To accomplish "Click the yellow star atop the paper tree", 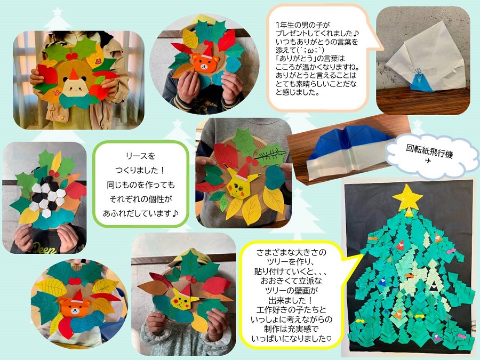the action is (407, 197).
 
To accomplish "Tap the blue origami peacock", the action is (421, 81).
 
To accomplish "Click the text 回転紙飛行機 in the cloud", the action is (429, 151).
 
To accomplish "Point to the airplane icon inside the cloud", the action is (428, 161).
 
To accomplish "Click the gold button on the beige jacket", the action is (62, 118).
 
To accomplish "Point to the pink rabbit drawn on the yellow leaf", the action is (98, 61).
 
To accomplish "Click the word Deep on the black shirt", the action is (45, 248).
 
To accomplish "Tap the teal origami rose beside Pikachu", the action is (275, 178).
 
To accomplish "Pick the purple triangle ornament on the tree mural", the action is (436, 338).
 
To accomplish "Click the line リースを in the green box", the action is (140, 156).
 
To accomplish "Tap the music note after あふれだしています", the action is (175, 213).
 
